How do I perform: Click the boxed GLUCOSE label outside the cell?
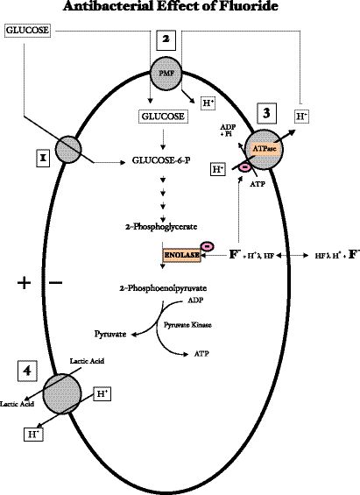click(26, 32)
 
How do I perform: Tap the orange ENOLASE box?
click(181, 254)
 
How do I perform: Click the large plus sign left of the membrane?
click(24, 283)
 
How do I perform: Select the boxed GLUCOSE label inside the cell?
click(163, 115)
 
